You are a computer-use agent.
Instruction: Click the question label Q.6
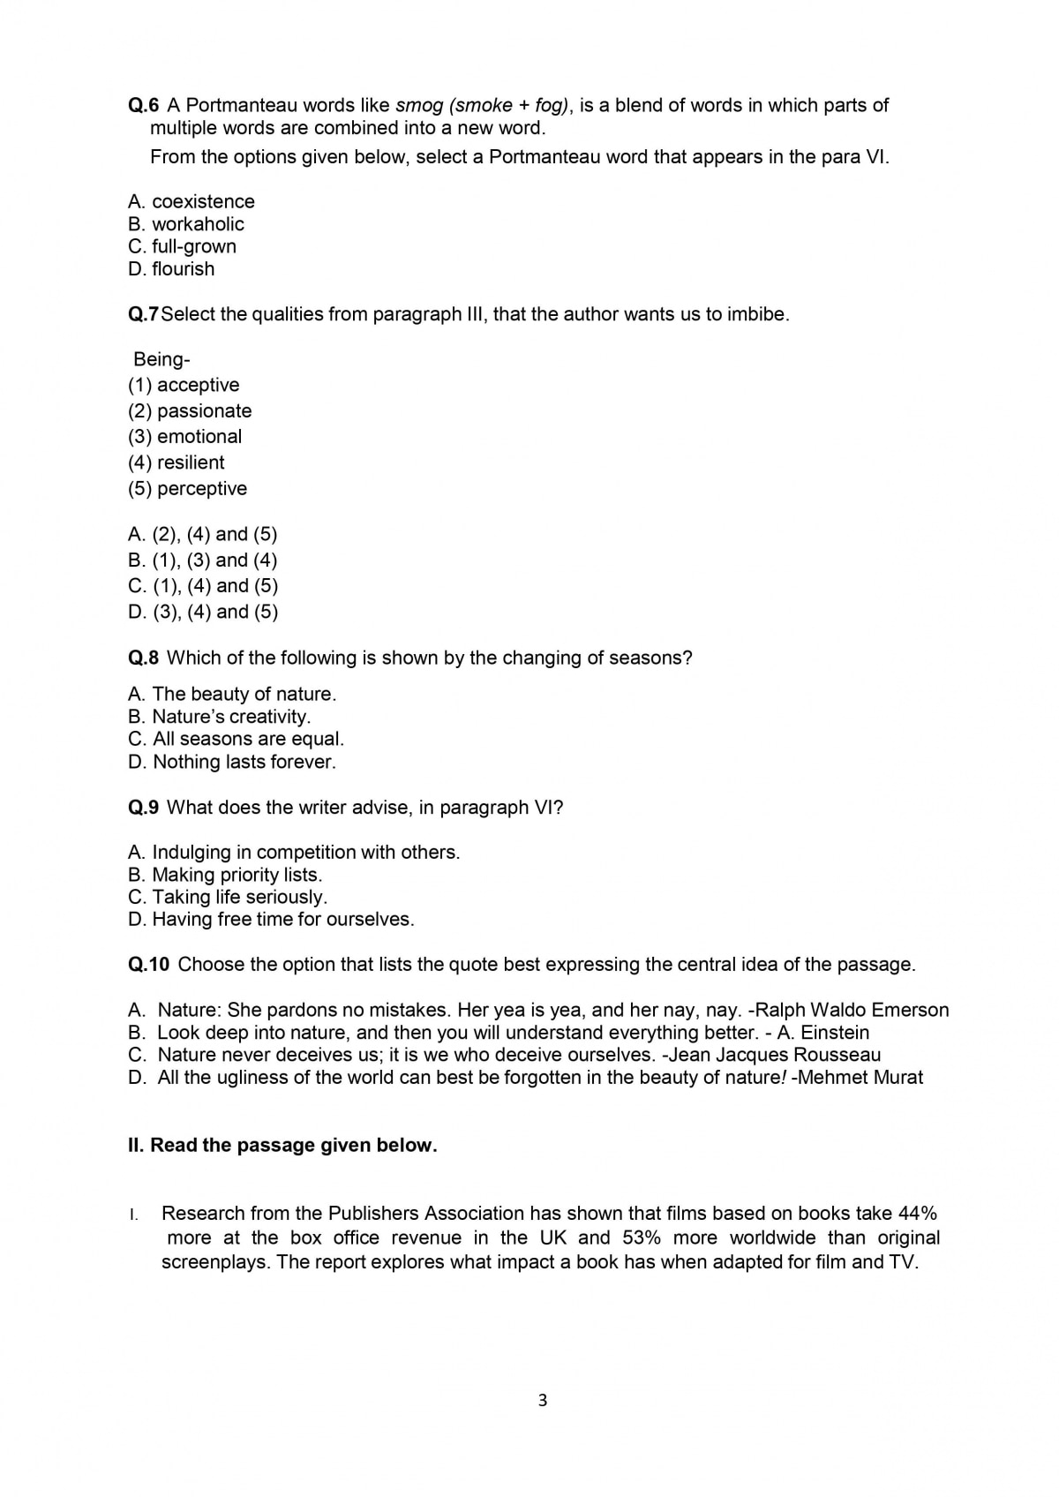click(144, 105)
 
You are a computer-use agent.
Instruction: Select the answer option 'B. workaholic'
click(186, 224)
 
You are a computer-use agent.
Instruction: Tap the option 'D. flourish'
click(171, 269)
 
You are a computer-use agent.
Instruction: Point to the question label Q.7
click(144, 314)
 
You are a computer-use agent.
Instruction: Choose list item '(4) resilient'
click(176, 463)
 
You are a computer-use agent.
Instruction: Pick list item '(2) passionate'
click(190, 411)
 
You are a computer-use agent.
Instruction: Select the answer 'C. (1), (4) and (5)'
click(203, 586)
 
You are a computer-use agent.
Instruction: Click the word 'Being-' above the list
click(161, 359)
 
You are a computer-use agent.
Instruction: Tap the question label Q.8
click(144, 658)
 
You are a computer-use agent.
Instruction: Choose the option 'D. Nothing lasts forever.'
click(232, 762)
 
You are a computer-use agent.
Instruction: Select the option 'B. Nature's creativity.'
click(220, 717)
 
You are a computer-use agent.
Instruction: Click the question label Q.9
click(144, 808)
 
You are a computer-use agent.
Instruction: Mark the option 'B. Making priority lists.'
click(225, 875)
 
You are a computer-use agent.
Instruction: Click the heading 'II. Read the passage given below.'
click(282, 1146)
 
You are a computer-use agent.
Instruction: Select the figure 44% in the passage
click(918, 1214)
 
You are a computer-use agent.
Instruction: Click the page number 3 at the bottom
click(542, 1401)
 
